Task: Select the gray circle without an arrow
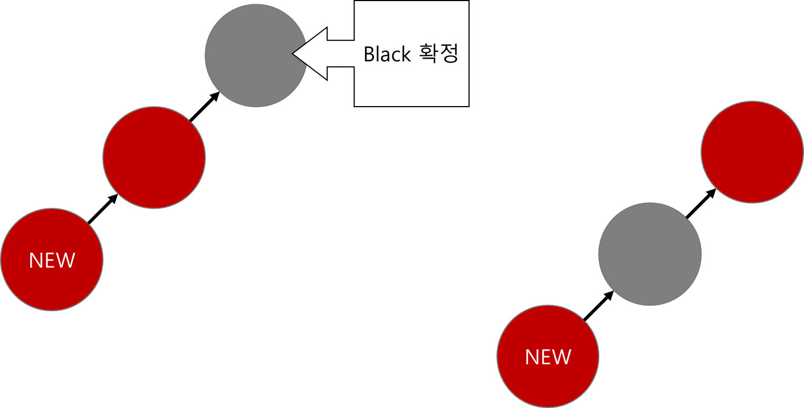tap(650, 254)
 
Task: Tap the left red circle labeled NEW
tap(52, 259)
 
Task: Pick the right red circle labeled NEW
tap(548, 357)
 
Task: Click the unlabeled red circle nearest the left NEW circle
tap(154, 158)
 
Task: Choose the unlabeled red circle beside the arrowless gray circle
tap(752, 152)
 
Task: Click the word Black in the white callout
tap(387, 54)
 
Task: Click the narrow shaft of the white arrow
tap(340, 54)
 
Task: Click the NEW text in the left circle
tap(52, 260)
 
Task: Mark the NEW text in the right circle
tap(548, 357)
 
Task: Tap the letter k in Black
tap(406, 54)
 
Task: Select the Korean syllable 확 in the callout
tap(427, 54)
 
